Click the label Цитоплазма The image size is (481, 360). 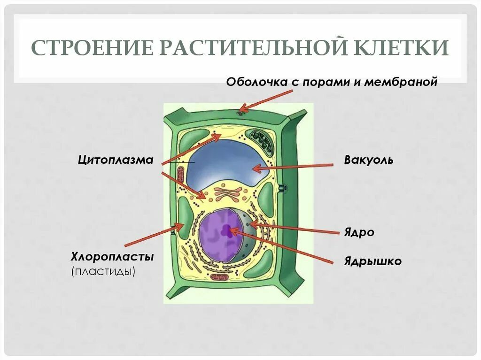click(116, 160)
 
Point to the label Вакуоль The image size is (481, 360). click(369, 160)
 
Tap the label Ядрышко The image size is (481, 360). click(373, 261)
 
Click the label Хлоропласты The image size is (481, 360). click(113, 257)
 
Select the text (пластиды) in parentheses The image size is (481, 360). click(103, 271)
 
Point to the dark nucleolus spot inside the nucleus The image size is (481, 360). click(227, 230)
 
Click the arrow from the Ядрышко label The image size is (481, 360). click(287, 246)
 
